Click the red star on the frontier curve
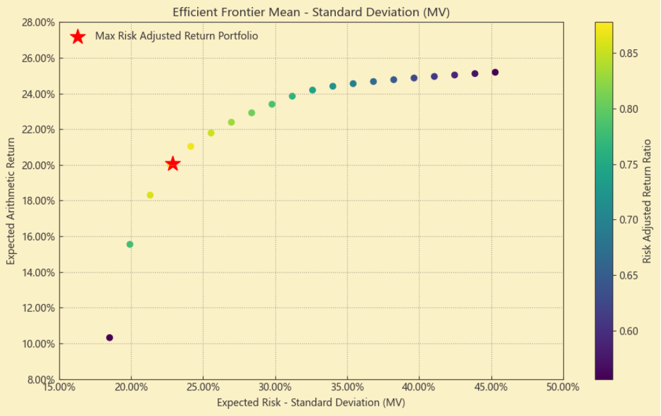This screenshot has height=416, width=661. [x=172, y=164]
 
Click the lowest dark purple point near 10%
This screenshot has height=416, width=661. [x=109, y=338]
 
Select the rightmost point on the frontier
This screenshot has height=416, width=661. [x=495, y=72]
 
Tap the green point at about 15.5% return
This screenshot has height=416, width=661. [x=130, y=244]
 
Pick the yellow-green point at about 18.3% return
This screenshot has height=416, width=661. [x=150, y=195]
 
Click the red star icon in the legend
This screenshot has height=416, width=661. [x=77, y=37]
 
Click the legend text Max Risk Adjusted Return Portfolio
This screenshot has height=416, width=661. [x=176, y=37]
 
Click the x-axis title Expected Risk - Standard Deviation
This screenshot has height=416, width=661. [x=311, y=403]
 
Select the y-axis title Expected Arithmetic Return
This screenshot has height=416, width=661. [x=11, y=201]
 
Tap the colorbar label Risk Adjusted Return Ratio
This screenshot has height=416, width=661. [x=647, y=201]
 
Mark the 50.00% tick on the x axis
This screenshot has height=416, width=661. [x=563, y=387]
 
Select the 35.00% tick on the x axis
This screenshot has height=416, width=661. [x=347, y=387]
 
